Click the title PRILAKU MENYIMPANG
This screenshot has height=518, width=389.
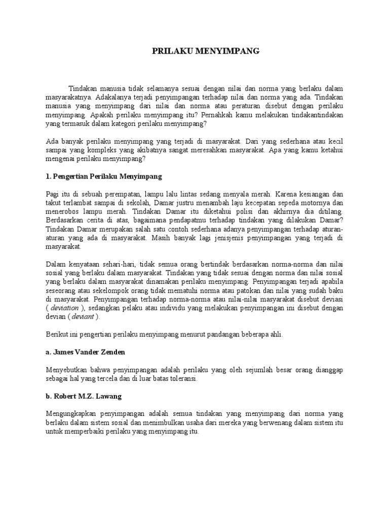coord(206,51)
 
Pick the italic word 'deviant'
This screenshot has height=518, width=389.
coord(83,317)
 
